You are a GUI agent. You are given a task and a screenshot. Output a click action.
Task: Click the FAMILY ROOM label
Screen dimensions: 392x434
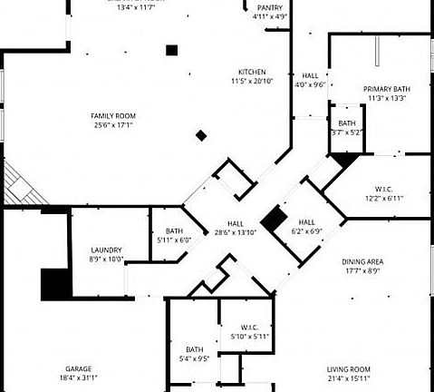pos(112,115)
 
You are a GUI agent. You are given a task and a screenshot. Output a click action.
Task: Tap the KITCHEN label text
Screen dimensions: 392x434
pos(252,72)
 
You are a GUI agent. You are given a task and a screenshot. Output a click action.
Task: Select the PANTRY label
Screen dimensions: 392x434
pos(269,7)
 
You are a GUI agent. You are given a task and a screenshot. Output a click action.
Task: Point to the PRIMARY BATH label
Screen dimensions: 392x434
pos(387,89)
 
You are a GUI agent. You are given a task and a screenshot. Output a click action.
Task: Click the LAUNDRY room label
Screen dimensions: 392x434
pos(106,250)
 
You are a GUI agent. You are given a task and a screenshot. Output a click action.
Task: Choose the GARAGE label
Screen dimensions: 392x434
pos(78,369)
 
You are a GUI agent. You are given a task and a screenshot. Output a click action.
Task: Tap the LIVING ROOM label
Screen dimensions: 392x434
pos(348,369)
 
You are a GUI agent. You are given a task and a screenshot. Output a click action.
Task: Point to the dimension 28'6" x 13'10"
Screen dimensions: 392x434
pos(236,232)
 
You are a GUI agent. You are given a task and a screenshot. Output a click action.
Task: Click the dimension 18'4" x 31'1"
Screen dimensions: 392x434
pos(78,377)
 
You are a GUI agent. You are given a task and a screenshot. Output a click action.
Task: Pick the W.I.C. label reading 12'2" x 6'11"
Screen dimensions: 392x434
pos(384,198)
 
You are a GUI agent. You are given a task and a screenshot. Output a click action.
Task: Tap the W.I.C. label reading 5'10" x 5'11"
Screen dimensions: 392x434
pos(251,336)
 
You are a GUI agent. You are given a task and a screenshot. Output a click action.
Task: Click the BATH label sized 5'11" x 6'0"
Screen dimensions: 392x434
pos(173,240)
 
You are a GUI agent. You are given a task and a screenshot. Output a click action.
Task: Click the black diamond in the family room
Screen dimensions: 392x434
pos(201,136)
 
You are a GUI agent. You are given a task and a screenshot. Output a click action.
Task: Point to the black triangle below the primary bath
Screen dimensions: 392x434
pos(342,160)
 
